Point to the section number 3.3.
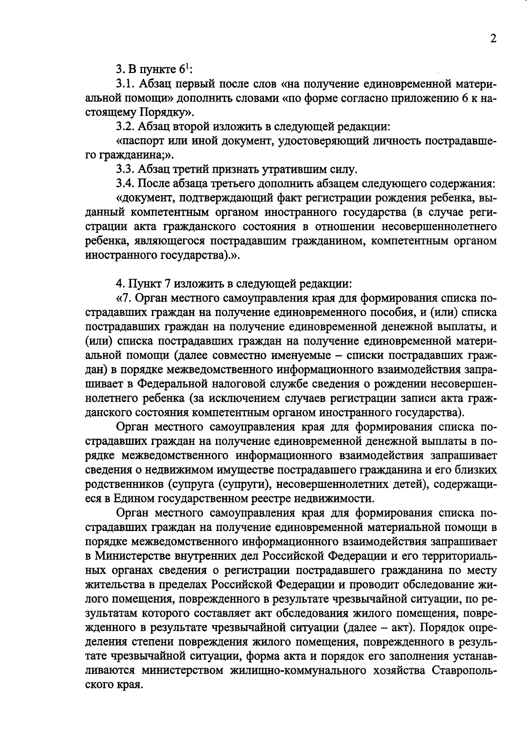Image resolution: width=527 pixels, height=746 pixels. tap(125, 169)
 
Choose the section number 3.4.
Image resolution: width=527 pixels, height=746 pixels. tap(125, 183)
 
